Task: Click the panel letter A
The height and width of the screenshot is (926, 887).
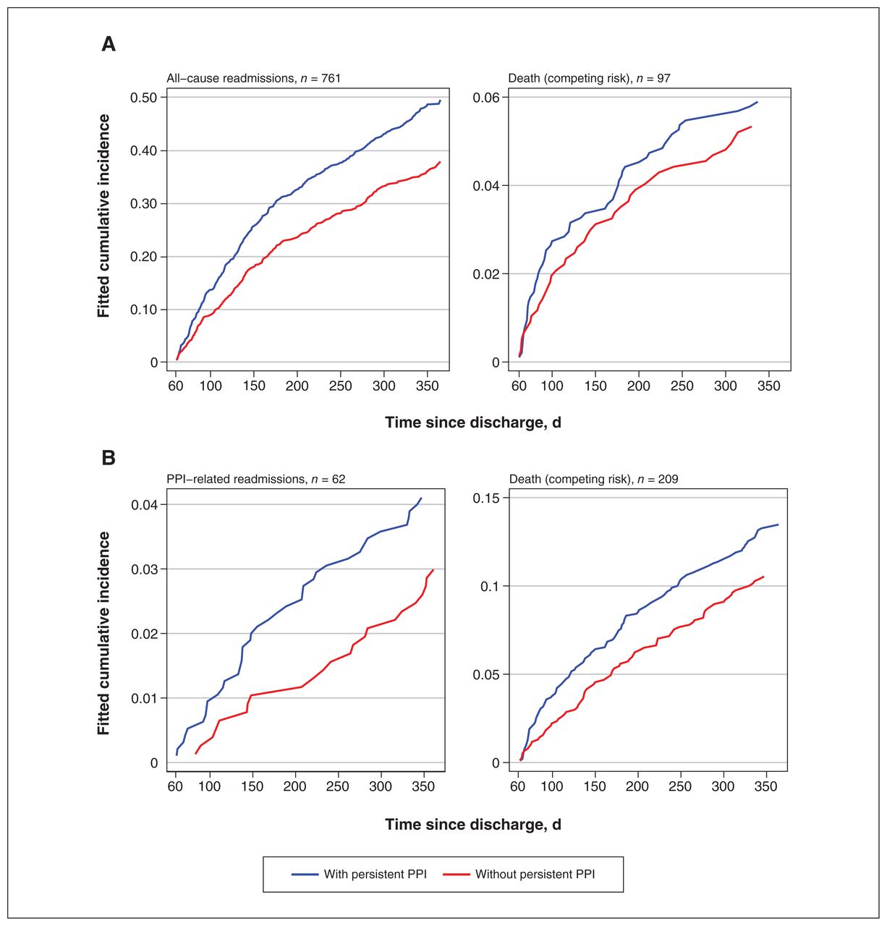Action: [109, 44]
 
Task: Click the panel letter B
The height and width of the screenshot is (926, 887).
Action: [109, 458]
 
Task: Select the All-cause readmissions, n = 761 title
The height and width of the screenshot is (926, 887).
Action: [254, 78]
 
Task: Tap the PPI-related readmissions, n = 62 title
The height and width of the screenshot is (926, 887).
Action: [256, 479]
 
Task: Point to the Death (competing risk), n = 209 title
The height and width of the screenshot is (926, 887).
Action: [593, 479]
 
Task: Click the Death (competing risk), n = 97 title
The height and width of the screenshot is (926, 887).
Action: [589, 78]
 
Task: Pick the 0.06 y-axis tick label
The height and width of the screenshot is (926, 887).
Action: [487, 98]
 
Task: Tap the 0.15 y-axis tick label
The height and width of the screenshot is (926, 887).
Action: [487, 498]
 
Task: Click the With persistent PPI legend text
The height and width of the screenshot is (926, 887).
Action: [375, 874]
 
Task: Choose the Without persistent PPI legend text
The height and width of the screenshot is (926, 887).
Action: [535, 874]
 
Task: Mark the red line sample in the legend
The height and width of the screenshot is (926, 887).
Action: [456, 874]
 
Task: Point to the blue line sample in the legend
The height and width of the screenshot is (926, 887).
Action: [305, 874]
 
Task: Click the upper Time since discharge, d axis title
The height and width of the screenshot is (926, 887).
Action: [473, 422]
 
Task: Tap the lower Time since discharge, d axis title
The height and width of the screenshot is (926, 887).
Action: [473, 824]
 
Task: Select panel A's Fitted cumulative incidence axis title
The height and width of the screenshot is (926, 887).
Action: [103, 216]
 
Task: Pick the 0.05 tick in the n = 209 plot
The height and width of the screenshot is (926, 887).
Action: [487, 674]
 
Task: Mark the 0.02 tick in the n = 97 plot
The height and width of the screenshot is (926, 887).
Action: [487, 274]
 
